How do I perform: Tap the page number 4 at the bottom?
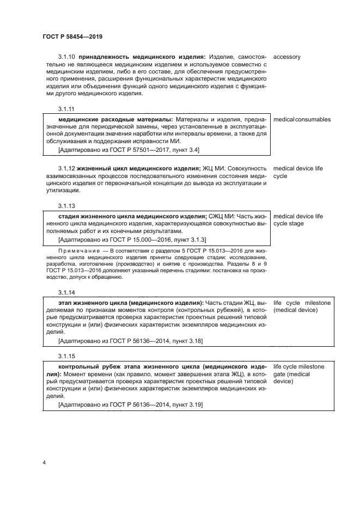coord(44,463)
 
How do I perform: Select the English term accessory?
coord(286,57)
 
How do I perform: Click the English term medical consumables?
coord(302,119)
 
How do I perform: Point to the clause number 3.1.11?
coord(66,108)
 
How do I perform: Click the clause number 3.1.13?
coord(66,205)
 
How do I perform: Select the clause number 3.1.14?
coord(66,291)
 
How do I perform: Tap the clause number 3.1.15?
coord(66,356)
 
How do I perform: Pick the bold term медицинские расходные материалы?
coord(114,119)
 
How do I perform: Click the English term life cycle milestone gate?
coord(298,373)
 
